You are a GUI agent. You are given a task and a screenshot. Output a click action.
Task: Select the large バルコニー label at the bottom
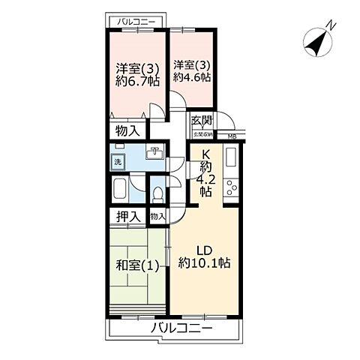[181, 328]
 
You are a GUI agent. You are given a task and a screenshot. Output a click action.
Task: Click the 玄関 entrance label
[201, 121]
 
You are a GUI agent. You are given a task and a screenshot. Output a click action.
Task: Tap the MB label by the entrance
[231, 136]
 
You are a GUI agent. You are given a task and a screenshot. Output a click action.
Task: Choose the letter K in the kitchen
[204, 154]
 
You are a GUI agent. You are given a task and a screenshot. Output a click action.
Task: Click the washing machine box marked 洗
[118, 162]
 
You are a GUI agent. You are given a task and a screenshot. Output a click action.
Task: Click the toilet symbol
[157, 193]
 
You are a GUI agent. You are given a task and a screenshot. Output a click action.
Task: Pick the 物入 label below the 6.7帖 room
[127, 130]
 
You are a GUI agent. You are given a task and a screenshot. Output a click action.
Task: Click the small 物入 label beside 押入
[157, 216]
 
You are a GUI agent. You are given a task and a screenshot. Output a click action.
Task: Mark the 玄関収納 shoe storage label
[202, 135]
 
